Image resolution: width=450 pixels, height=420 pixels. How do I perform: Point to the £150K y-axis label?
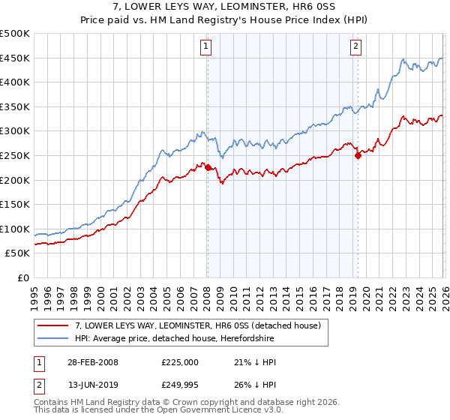point(15,204)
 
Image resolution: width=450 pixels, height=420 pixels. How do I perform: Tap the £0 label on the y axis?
point(23,277)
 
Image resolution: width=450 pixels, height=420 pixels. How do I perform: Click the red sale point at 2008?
point(208,168)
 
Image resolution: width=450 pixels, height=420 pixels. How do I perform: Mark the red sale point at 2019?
point(358,156)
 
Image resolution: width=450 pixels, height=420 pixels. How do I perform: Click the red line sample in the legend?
point(53,325)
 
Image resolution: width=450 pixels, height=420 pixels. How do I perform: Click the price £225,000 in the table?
point(180,362)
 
